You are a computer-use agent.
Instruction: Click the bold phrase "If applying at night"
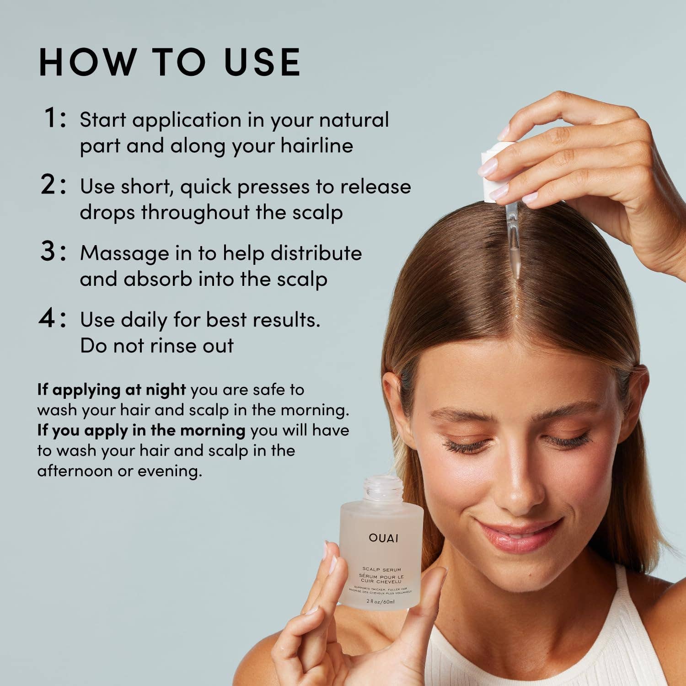click(112, 390)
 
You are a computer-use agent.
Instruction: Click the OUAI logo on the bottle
click(383, 538)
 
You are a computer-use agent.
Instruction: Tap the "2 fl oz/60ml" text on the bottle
click(380, 601)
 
